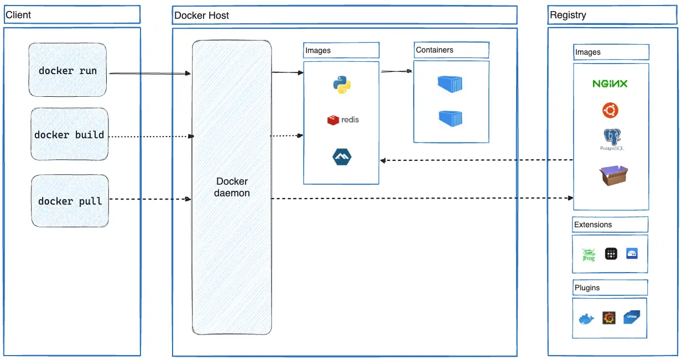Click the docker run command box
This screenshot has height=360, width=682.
[x=67, y=71]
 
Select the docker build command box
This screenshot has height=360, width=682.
[x=69, y=135]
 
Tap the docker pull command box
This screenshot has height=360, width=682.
[x=70, y=201]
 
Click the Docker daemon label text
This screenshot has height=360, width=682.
[x=232, y=187]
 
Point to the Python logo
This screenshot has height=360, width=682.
[x=342, y=85]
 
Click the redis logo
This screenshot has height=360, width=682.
[x=343, y=119]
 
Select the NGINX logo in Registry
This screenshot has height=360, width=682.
[x=610, y=84]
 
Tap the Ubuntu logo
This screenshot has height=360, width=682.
[x=610, y=111]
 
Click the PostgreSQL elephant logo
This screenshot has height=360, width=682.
[x=611, y=138]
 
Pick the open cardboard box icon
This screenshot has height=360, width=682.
[x=613, y=175]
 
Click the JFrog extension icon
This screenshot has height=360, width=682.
[x=588, y=254]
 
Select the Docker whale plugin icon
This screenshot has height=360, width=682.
[x=586, y=319]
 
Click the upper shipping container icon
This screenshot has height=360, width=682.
[x=450, y=84]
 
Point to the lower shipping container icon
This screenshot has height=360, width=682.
[x=450, y=118]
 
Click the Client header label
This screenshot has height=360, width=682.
[x=18, y=14]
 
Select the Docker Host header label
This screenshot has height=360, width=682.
[x=201, y=15]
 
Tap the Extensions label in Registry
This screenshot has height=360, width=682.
[x=593, y=225]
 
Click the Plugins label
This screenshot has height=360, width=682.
[x=587, y=288]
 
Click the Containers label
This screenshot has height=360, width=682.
[x=434, y=50]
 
